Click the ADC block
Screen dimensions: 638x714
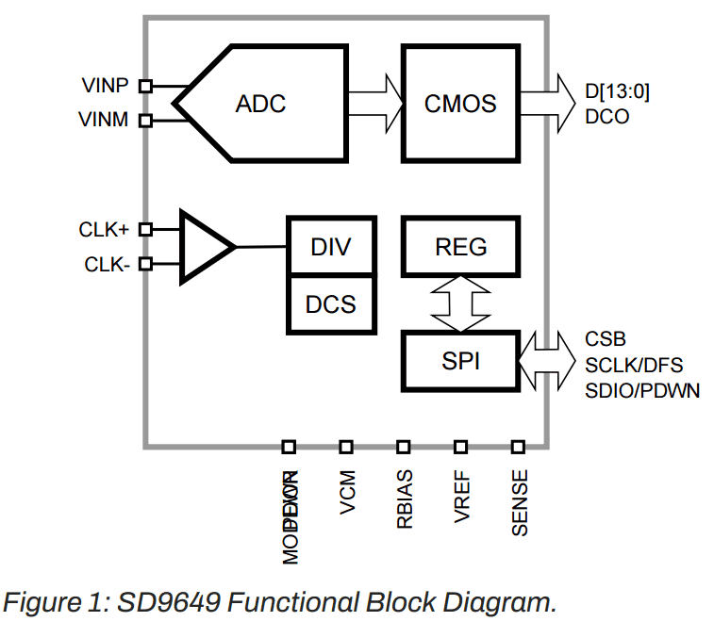point(260,103)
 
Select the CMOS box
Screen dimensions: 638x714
point(460,103)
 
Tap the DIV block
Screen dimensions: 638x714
point(331,247)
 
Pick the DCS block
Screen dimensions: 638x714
point(331,304)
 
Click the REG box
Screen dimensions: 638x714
point(461,247)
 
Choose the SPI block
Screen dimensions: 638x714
point(461,360)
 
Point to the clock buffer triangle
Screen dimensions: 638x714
point(204,247)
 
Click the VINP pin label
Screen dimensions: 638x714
point(105,85)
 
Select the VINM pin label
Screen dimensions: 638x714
point(105,120)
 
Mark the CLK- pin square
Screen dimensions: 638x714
point(145,264)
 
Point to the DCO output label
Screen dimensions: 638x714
point(606,118)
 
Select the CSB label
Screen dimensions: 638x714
point(605,338)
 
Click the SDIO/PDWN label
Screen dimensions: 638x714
point(642,390)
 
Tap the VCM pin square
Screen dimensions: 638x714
point(346,446)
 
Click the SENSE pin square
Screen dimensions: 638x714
point(518,446)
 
